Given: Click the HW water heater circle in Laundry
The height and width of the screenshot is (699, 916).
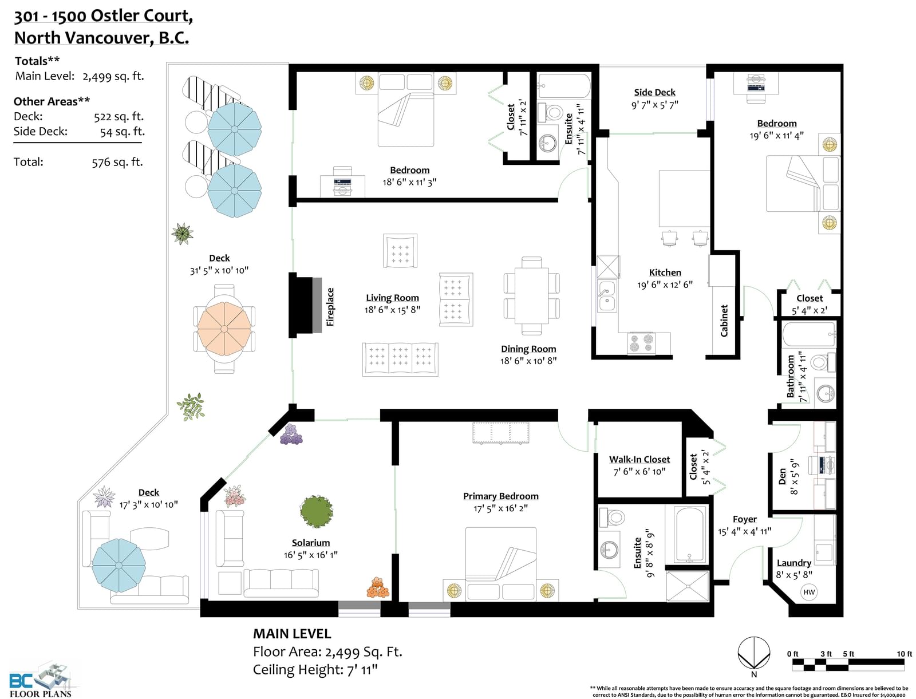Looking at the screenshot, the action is coord(809,592).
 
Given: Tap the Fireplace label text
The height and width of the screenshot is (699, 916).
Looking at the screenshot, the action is coord(330,307).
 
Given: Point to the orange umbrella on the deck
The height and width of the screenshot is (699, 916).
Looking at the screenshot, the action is coord(224,329).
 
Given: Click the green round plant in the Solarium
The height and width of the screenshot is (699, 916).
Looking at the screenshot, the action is coord(317,511).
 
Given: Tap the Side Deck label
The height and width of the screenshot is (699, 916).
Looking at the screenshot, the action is coord(654,92).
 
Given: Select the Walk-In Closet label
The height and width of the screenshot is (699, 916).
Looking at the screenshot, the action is coord(639,459).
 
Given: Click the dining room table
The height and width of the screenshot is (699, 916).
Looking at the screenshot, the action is coord(531,295).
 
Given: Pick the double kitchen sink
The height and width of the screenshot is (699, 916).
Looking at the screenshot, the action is coord(606,297).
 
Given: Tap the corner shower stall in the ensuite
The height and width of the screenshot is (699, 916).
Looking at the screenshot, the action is coord(687,586).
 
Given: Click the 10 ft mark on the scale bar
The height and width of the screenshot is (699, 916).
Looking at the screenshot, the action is coord(905,654).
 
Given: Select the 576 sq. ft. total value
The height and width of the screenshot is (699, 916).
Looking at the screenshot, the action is coord(117,162).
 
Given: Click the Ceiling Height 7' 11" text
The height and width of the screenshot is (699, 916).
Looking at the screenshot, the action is coord(315,669).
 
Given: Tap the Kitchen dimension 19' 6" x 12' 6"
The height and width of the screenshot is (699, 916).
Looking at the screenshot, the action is coord(665,285).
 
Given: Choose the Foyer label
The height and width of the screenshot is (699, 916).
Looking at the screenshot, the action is coord(744,519).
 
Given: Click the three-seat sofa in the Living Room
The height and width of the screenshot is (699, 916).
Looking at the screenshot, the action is coord(400,360).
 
